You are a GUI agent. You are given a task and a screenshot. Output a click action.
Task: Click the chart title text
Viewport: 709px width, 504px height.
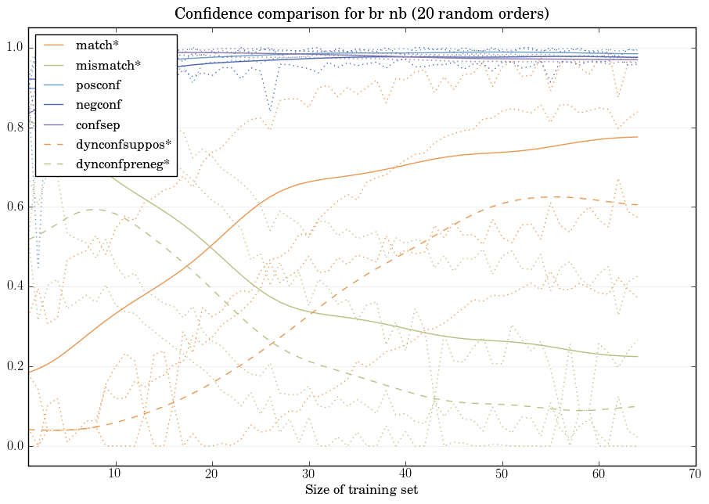click(x=362, y=14)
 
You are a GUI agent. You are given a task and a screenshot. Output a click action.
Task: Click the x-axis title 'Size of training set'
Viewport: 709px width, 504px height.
click(x=361, y=490)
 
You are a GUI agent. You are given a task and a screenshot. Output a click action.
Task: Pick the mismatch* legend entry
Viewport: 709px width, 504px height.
click(x=103, y=65)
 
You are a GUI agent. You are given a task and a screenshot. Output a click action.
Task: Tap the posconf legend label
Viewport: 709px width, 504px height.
click(x=98, y=85)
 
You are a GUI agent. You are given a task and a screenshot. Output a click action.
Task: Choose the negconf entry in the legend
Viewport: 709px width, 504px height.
click(x=98, y=105)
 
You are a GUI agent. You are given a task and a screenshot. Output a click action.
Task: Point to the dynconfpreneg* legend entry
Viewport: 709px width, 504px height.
click(x=121, y=164)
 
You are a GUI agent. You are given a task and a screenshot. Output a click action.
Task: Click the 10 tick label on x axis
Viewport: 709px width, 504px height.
click(x=115, y=473)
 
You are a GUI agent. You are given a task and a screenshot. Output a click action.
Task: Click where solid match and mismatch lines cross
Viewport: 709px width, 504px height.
click(x=211, y=247)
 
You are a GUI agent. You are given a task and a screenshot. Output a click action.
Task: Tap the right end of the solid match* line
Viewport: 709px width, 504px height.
click(x=637, y=137)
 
